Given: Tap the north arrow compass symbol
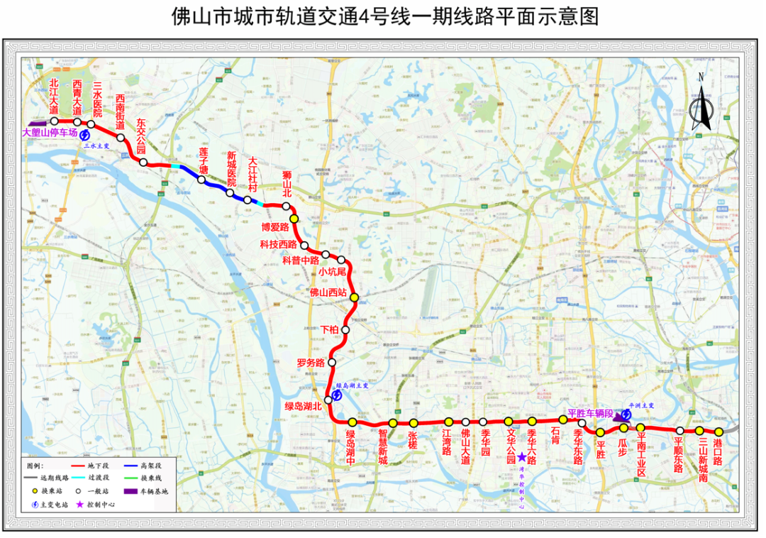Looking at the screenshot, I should pyautogui.click(x=701, y=105).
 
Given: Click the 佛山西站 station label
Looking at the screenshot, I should pyautogui.click(x=327, y=292).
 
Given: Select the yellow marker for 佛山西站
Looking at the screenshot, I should pyautogui.click(x=355, y=298).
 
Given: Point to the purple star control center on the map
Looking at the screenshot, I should pyautogui.click(x=523, y=459).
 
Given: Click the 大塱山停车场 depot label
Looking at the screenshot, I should pyautogui.click(x=50, y=133).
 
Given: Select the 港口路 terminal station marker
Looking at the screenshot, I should pyautogui.click(x=718, y=432).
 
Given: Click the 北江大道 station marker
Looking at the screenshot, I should pyautogui.click(x=54, y=121).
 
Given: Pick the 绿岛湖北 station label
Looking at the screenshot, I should pyautogui.click(x=303, y=406).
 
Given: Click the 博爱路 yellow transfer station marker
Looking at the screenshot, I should pyautogui.click(x=294, y=219).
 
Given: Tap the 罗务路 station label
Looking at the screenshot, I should pyautogui.click(x=311, y=363).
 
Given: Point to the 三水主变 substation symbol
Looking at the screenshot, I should pyautogui.click(x=85, y=135).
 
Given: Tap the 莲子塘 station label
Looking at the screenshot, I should pyautogui.click(x=203, y=160).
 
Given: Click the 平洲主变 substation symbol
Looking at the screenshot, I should pyautogui.click(x=627, y=414).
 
